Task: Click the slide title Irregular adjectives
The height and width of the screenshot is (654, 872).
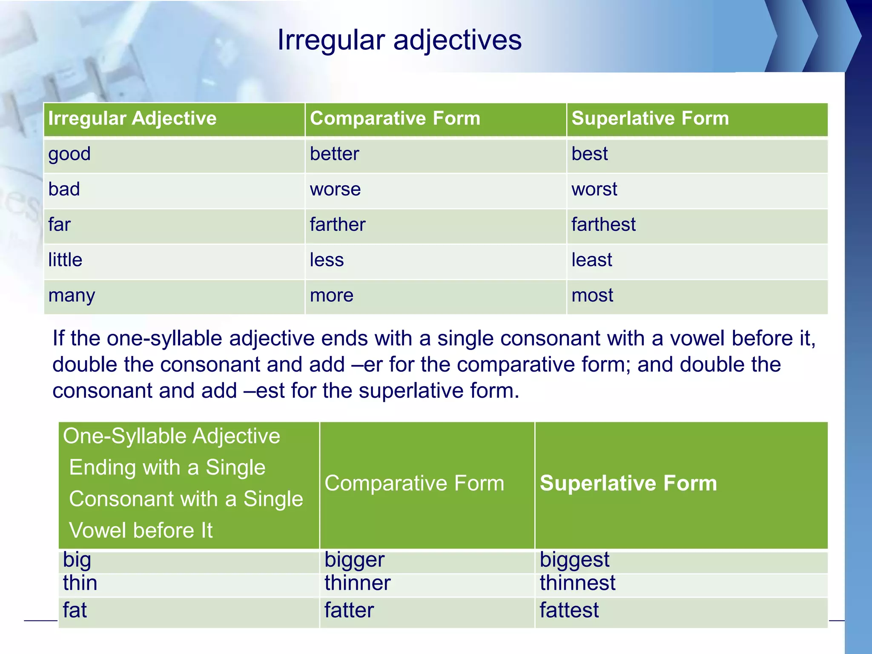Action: point(399,40)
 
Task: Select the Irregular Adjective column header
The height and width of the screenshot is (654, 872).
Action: point(132,118)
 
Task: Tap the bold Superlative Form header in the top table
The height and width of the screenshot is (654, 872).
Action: point(650,118)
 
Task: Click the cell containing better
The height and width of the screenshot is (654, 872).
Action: point(334,154)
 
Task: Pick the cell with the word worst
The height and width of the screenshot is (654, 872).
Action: point(594,189)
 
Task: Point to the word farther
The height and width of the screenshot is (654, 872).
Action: point(338,225)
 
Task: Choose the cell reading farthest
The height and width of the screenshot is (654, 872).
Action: point(603,225)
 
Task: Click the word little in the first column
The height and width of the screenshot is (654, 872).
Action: point(65,260)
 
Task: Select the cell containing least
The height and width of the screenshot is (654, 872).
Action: point(591,260)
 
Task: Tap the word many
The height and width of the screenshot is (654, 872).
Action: point(72,295)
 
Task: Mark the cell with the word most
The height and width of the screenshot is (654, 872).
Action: point(592,295)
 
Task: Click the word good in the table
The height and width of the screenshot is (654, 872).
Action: point(69,154)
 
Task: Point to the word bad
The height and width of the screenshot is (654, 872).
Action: point(64,189)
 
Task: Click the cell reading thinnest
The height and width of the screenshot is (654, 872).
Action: point(577,583)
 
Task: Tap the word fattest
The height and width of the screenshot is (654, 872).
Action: point(569,610)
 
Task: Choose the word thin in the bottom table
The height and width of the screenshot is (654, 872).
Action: point(80,583)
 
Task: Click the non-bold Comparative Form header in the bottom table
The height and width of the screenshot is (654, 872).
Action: point(414,484)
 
